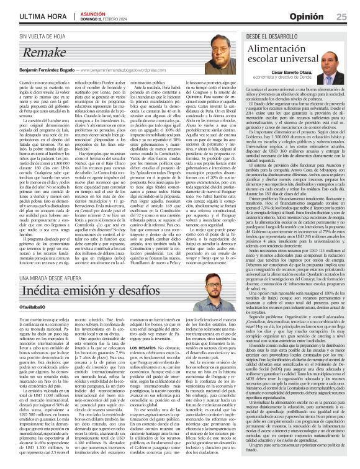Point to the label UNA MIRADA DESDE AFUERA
[x=45, y=291]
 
